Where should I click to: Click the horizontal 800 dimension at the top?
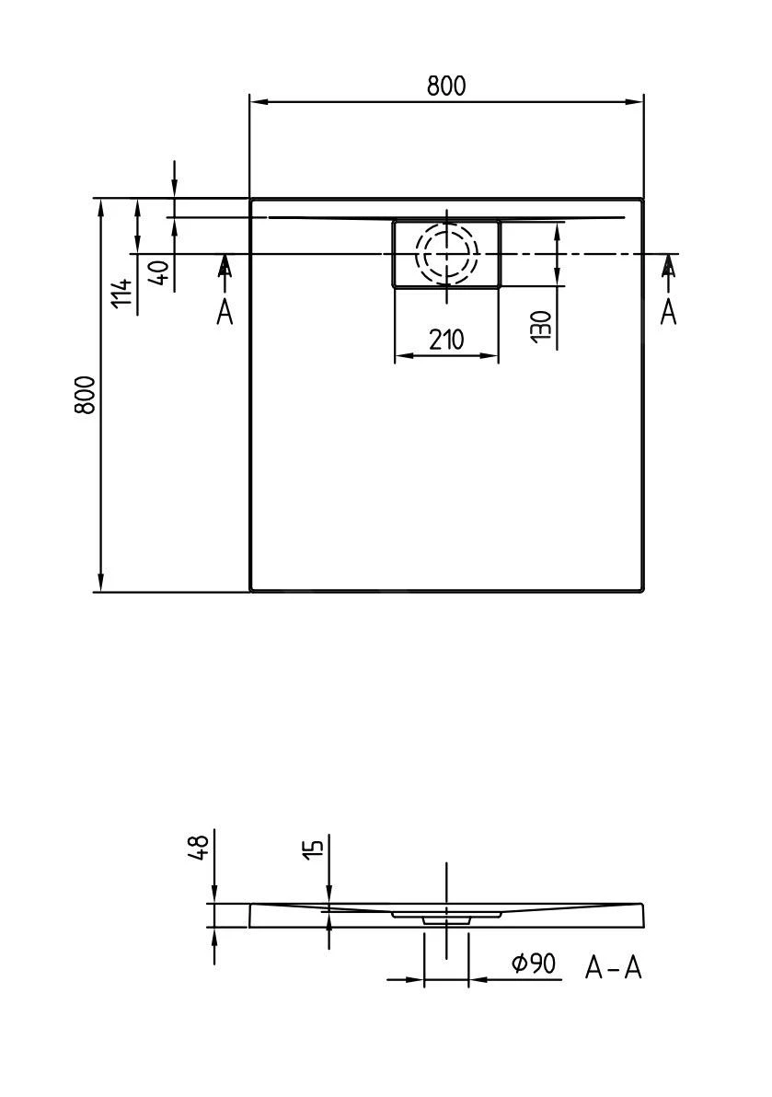point(446,86)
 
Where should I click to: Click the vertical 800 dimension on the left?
point(85,395)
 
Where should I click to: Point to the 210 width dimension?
point(446,341)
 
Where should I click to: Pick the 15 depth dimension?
point(313,849)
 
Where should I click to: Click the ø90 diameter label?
point(534,964)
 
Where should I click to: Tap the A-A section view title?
point(613,967)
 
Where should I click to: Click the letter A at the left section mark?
point(225,312)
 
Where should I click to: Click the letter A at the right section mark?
point(669,312)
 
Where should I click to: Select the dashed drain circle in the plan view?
point(447,254)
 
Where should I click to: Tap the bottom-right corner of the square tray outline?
point(642,589)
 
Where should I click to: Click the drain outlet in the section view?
point(446,918)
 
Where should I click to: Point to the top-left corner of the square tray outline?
point(252,200)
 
